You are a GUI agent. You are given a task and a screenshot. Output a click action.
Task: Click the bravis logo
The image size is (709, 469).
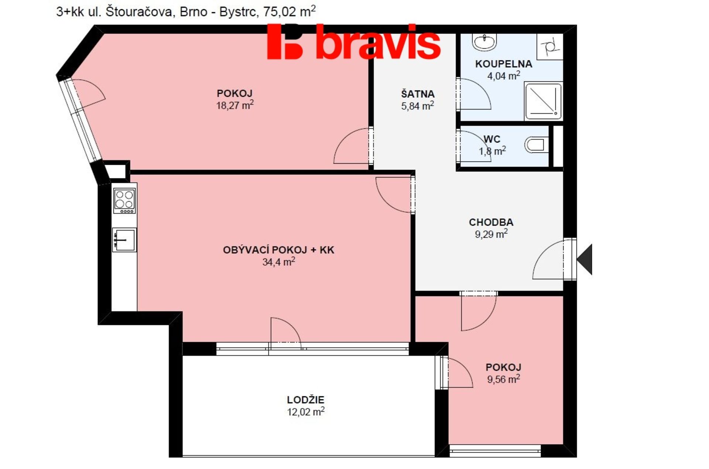354,41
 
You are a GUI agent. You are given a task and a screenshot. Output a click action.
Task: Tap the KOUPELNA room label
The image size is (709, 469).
504,64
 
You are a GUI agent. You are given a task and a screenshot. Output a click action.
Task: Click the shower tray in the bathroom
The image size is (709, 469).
543,101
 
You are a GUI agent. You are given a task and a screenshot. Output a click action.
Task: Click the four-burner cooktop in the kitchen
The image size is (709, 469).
124,201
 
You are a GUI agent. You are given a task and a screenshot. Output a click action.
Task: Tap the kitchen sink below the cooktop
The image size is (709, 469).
124,240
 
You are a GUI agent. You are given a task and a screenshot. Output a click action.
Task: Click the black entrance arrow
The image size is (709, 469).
585,259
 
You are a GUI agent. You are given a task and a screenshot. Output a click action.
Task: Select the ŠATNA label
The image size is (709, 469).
418,94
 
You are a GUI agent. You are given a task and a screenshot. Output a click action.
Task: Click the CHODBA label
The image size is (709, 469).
491,222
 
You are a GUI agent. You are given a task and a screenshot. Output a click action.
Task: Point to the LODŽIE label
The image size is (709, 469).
306,400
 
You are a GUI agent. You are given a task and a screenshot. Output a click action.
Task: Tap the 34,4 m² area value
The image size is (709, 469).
279,262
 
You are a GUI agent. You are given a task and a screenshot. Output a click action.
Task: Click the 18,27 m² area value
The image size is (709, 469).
235,105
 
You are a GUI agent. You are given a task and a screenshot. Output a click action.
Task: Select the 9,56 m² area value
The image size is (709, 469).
504,379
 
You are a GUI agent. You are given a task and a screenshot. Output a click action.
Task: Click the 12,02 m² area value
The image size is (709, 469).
306,411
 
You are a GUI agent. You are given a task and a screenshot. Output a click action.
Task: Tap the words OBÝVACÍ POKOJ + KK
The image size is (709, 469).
278,250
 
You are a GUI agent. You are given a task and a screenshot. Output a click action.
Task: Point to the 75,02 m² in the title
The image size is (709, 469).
290,11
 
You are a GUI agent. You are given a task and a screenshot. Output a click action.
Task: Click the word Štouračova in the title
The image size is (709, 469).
139,12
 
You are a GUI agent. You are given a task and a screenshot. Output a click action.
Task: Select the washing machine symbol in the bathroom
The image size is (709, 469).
549,47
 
